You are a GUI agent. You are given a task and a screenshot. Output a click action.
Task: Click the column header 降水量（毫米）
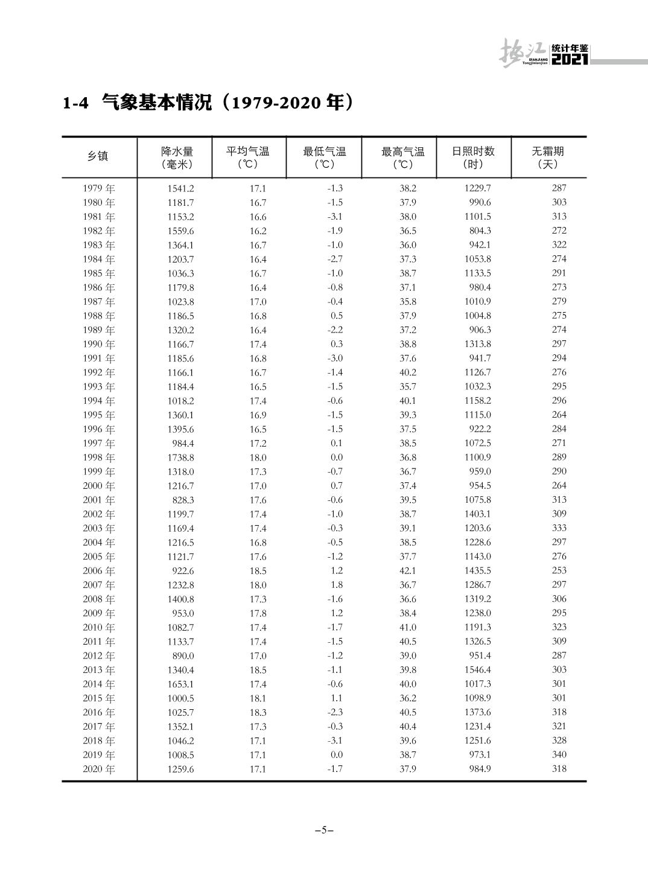click(x=177, y=158)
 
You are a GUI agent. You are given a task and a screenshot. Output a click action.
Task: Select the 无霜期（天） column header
click(x=547, y=158)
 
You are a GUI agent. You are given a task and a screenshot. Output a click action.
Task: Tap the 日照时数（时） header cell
click(x=473, y=158)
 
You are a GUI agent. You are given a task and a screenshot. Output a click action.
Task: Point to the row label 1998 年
click(x=99, y=458)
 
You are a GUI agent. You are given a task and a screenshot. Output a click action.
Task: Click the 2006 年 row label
click(x=99, y=571)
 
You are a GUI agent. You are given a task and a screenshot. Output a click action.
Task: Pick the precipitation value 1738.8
click(x=180, y=458)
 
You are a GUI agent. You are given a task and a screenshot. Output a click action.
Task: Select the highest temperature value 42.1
click(x=407, y=571)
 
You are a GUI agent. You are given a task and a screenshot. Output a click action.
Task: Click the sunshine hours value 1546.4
click(x=477, y=670)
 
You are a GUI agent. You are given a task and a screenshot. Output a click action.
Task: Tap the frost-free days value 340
click(x=559, y=754)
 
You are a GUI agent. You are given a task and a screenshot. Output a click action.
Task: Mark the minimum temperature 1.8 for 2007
click(x=337, y=585)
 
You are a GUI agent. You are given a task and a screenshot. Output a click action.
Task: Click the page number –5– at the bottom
click(x=324, y=830)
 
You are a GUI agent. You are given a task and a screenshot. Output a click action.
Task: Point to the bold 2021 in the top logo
click(x=570, y=59)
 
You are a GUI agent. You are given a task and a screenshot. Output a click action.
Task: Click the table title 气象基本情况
click(x=157, y=103)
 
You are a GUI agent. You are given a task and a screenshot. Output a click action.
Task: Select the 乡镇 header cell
click(x=98, y=156)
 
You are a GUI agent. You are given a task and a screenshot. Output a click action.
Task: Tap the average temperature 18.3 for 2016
click(x=258, y=712)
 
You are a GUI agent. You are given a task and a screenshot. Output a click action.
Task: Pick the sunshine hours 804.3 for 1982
click(x=480, y=231)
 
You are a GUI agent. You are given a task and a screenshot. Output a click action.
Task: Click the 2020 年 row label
click(x=99, y=769)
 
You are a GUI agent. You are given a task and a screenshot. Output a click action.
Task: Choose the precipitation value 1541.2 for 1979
click(x=180, y=188)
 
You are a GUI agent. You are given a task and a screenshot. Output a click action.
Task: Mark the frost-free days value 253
click(x=559, y=571)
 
